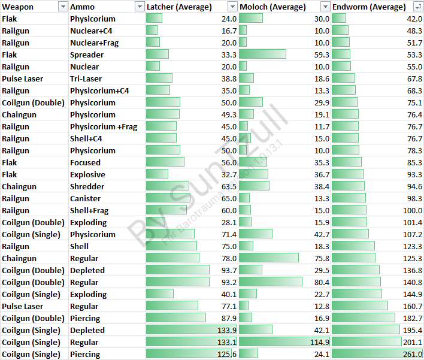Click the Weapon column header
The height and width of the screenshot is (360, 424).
18,7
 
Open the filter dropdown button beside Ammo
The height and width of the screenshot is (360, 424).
140,7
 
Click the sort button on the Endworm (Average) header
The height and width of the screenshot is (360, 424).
417,7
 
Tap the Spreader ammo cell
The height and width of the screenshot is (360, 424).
87,55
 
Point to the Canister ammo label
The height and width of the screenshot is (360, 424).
86,198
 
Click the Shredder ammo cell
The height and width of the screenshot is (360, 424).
87,186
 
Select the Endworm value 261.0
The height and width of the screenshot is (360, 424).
412,354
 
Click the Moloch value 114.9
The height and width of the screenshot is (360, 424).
319,342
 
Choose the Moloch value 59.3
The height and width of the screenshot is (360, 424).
321,55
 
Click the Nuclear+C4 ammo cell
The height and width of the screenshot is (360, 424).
90,31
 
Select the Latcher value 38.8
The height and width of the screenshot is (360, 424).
229,78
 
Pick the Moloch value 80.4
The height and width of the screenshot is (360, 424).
321,282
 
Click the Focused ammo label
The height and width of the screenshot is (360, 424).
86,162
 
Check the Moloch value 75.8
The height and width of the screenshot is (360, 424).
321,258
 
